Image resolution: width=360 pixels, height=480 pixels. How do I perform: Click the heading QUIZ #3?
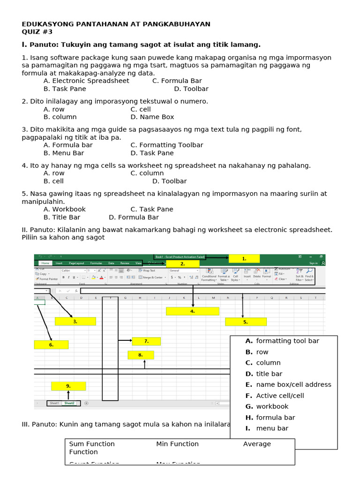37,32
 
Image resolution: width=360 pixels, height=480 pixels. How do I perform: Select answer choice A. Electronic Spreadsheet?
86,81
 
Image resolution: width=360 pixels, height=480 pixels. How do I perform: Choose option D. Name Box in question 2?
152,117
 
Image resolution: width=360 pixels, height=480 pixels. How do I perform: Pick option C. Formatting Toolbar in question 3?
166,145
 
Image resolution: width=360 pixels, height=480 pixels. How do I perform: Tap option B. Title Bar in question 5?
62,217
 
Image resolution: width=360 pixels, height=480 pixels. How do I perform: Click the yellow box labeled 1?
244,258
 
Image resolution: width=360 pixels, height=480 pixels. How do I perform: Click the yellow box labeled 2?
182,264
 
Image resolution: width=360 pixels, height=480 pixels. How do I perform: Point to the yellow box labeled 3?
75,322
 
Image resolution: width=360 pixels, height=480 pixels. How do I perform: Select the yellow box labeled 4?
192,311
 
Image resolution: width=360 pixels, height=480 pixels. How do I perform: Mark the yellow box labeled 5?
246,322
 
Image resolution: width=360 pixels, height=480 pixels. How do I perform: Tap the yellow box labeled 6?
51,345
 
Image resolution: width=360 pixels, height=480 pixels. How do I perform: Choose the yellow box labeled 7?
146,341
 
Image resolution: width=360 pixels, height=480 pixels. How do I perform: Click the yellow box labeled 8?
141,355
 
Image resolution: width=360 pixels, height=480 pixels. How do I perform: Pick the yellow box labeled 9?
68,386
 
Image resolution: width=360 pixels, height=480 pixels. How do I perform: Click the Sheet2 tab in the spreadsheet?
70,403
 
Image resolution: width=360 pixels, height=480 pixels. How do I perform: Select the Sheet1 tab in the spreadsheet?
54,403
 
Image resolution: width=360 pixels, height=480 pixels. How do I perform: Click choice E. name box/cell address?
288,384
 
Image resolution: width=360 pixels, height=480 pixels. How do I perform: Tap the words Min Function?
177,444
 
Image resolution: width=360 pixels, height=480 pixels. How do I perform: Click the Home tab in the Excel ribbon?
45,263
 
